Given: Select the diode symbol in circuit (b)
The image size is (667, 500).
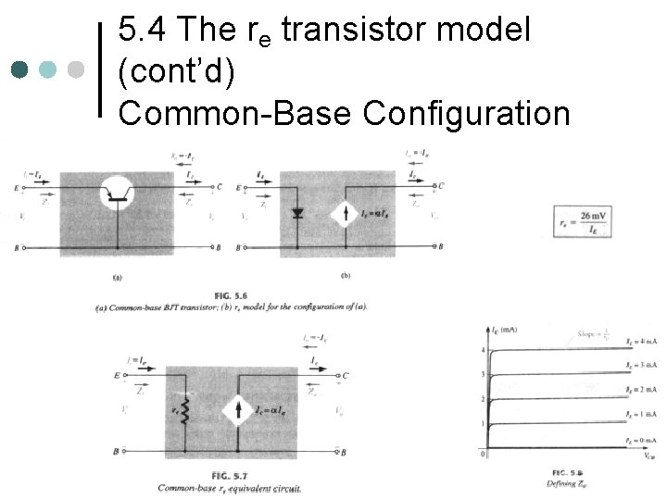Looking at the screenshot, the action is click(297, 213).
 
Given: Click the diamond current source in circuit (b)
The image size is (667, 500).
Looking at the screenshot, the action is click(346, 215).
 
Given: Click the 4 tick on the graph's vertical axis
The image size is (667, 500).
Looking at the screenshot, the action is click(483, 350).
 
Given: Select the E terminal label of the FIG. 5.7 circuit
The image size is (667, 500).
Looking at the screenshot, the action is click(115, 376).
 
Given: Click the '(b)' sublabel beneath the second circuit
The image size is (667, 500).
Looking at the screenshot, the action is click(345, 275).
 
